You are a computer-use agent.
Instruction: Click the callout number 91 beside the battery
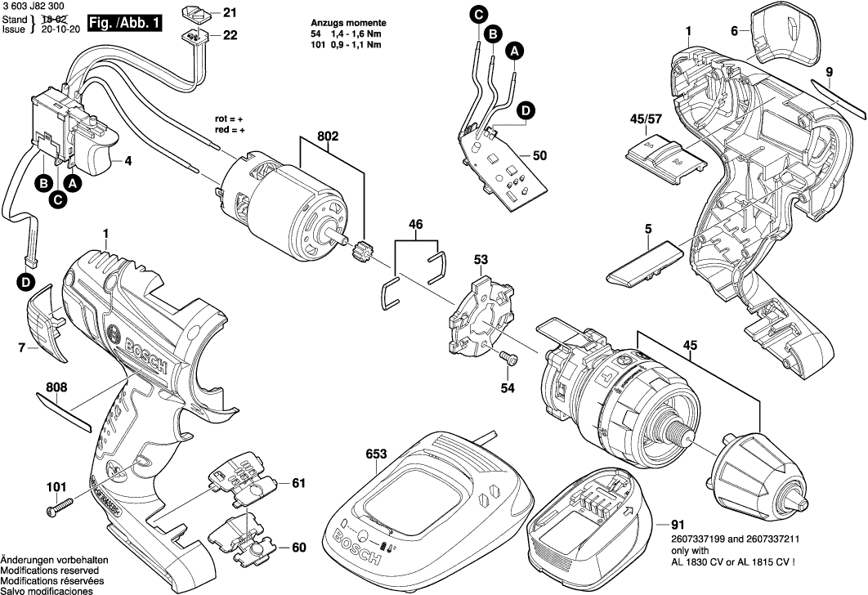pyautogui.click(x=678, y=524)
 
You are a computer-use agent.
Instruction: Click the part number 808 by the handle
pyautogui.click(x=56, y=387)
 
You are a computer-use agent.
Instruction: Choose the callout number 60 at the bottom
pyautogui.click(x=298, y=548)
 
